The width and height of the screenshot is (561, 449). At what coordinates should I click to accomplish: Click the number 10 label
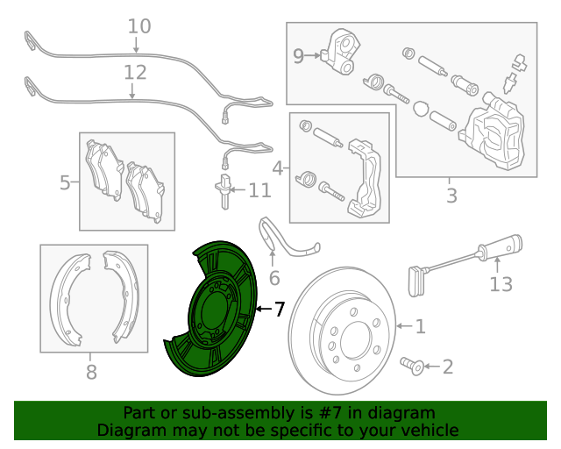139,26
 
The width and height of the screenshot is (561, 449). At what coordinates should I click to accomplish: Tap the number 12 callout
135,73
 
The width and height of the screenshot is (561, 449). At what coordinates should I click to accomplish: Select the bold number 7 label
280,309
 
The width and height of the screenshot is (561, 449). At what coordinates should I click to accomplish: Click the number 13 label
501,284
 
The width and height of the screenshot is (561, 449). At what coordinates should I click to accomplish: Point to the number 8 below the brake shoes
91,372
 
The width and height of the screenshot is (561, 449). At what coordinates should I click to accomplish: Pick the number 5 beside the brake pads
65,182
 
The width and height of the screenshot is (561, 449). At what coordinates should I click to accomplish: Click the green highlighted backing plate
211,309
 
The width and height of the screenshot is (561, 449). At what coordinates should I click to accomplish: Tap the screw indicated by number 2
412,366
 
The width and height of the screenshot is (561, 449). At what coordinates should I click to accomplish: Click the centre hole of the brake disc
357,340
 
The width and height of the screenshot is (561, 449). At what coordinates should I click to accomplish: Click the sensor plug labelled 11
224,191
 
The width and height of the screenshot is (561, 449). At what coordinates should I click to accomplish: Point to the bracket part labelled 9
342,51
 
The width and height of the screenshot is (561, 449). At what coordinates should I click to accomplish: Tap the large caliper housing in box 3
493,132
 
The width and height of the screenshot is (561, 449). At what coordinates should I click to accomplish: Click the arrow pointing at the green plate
265,309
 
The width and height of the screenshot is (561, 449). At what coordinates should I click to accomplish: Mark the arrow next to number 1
404,326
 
